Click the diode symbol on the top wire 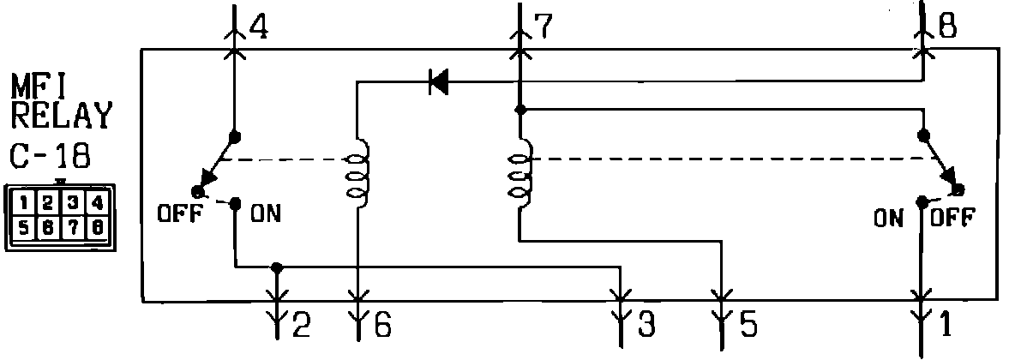point(438,82)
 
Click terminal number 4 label point(256,27)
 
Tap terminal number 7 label point(542,27)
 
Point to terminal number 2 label point(300,325)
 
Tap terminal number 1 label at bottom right point(945,325)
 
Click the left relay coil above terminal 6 point(355,171)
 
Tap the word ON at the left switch point(265,214)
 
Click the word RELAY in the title point(60,114)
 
